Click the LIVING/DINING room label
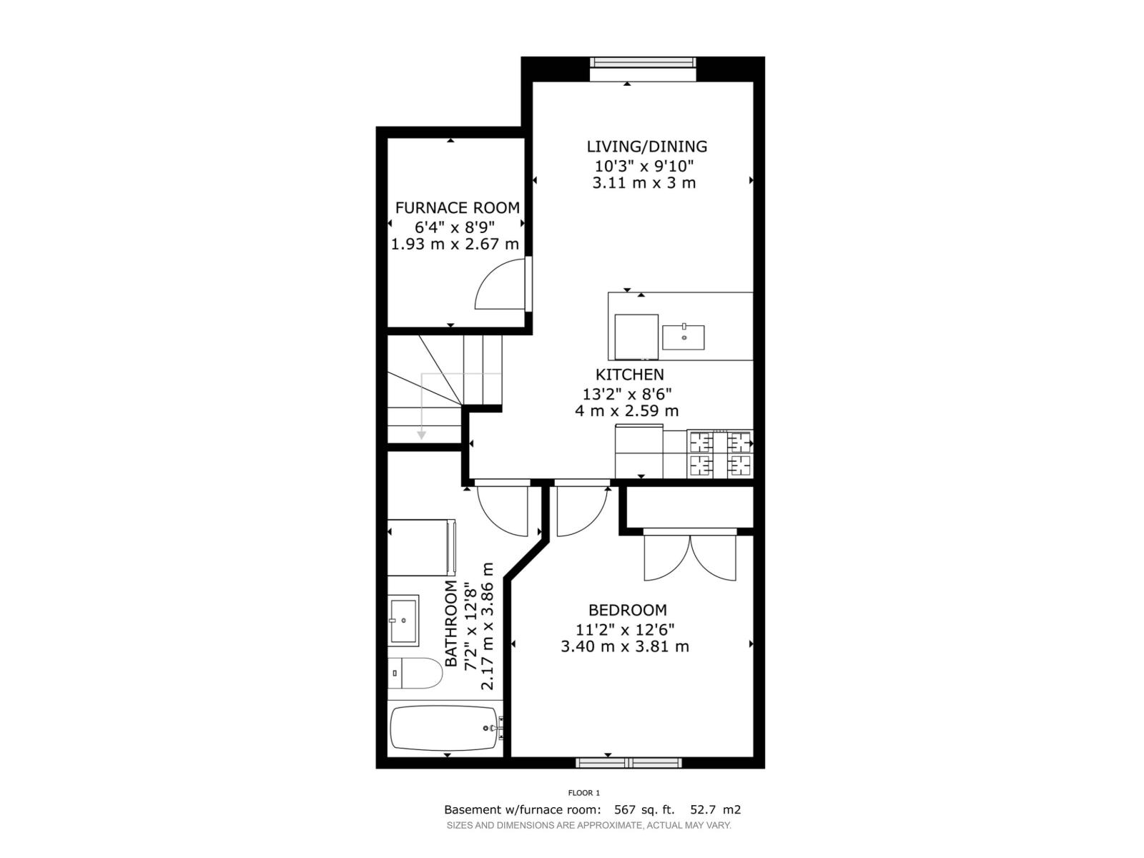click(x=646, y=147)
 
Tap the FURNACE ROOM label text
click(x=457, y=208)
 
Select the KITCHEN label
click(x=629, y=375)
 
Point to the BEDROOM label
click(x=627, y=611)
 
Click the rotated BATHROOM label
click(x=451, y=623)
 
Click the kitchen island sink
click(x=683, y=337)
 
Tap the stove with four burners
click(x=719, y=454)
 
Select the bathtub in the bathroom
click(x=444, y=728)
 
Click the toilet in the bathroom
click(x=415, y=673)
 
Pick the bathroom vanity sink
click(x=403, y=620)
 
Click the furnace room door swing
click(x=500, y=286)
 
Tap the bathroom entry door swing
click(x=503, y=510)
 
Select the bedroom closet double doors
click(x=690, y=558)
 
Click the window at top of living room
click(x=642, y=63)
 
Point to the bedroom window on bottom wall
click(x=628, y=763)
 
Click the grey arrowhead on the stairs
click(x=422, y=434)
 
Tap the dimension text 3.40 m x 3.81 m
click(x=625, y=647)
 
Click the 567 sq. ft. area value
click(x=644, y=810)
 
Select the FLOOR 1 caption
click(x=583, y=792)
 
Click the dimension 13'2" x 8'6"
click(x=626, y=393)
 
